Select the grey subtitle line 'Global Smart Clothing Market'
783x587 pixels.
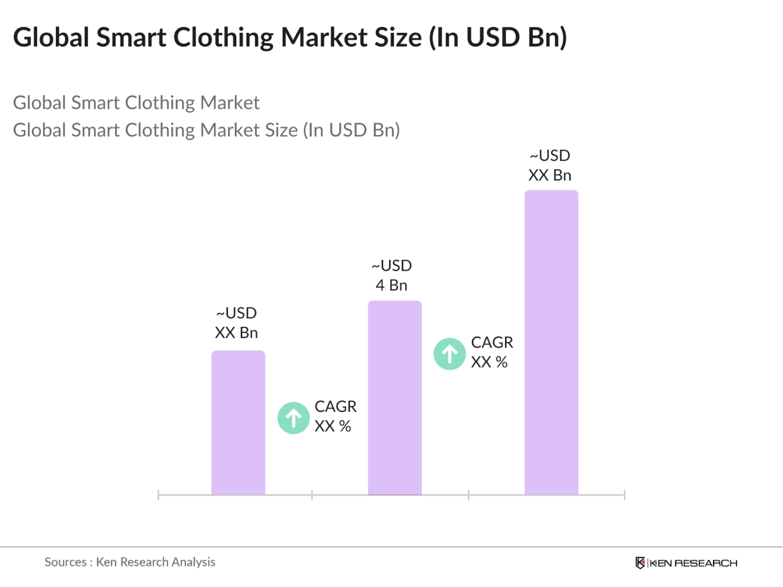pos(136,103)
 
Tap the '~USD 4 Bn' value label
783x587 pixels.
pos(392,275)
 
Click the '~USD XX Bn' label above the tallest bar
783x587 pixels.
pos(550,165)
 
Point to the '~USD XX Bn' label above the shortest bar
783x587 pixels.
pos(236,323)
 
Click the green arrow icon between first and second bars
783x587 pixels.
pos(294,418)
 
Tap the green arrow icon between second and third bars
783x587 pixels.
pos(450,354)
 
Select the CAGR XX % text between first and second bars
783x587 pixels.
pos(335,416)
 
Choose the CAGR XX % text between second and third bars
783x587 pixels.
pos(492,352)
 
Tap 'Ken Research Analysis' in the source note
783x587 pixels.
pos(155,562)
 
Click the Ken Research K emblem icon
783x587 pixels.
pos(640,563)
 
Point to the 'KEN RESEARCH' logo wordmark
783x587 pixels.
pos(693,563)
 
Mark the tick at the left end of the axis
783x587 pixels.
pos(158,495)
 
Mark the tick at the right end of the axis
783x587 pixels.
pos(624,495)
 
